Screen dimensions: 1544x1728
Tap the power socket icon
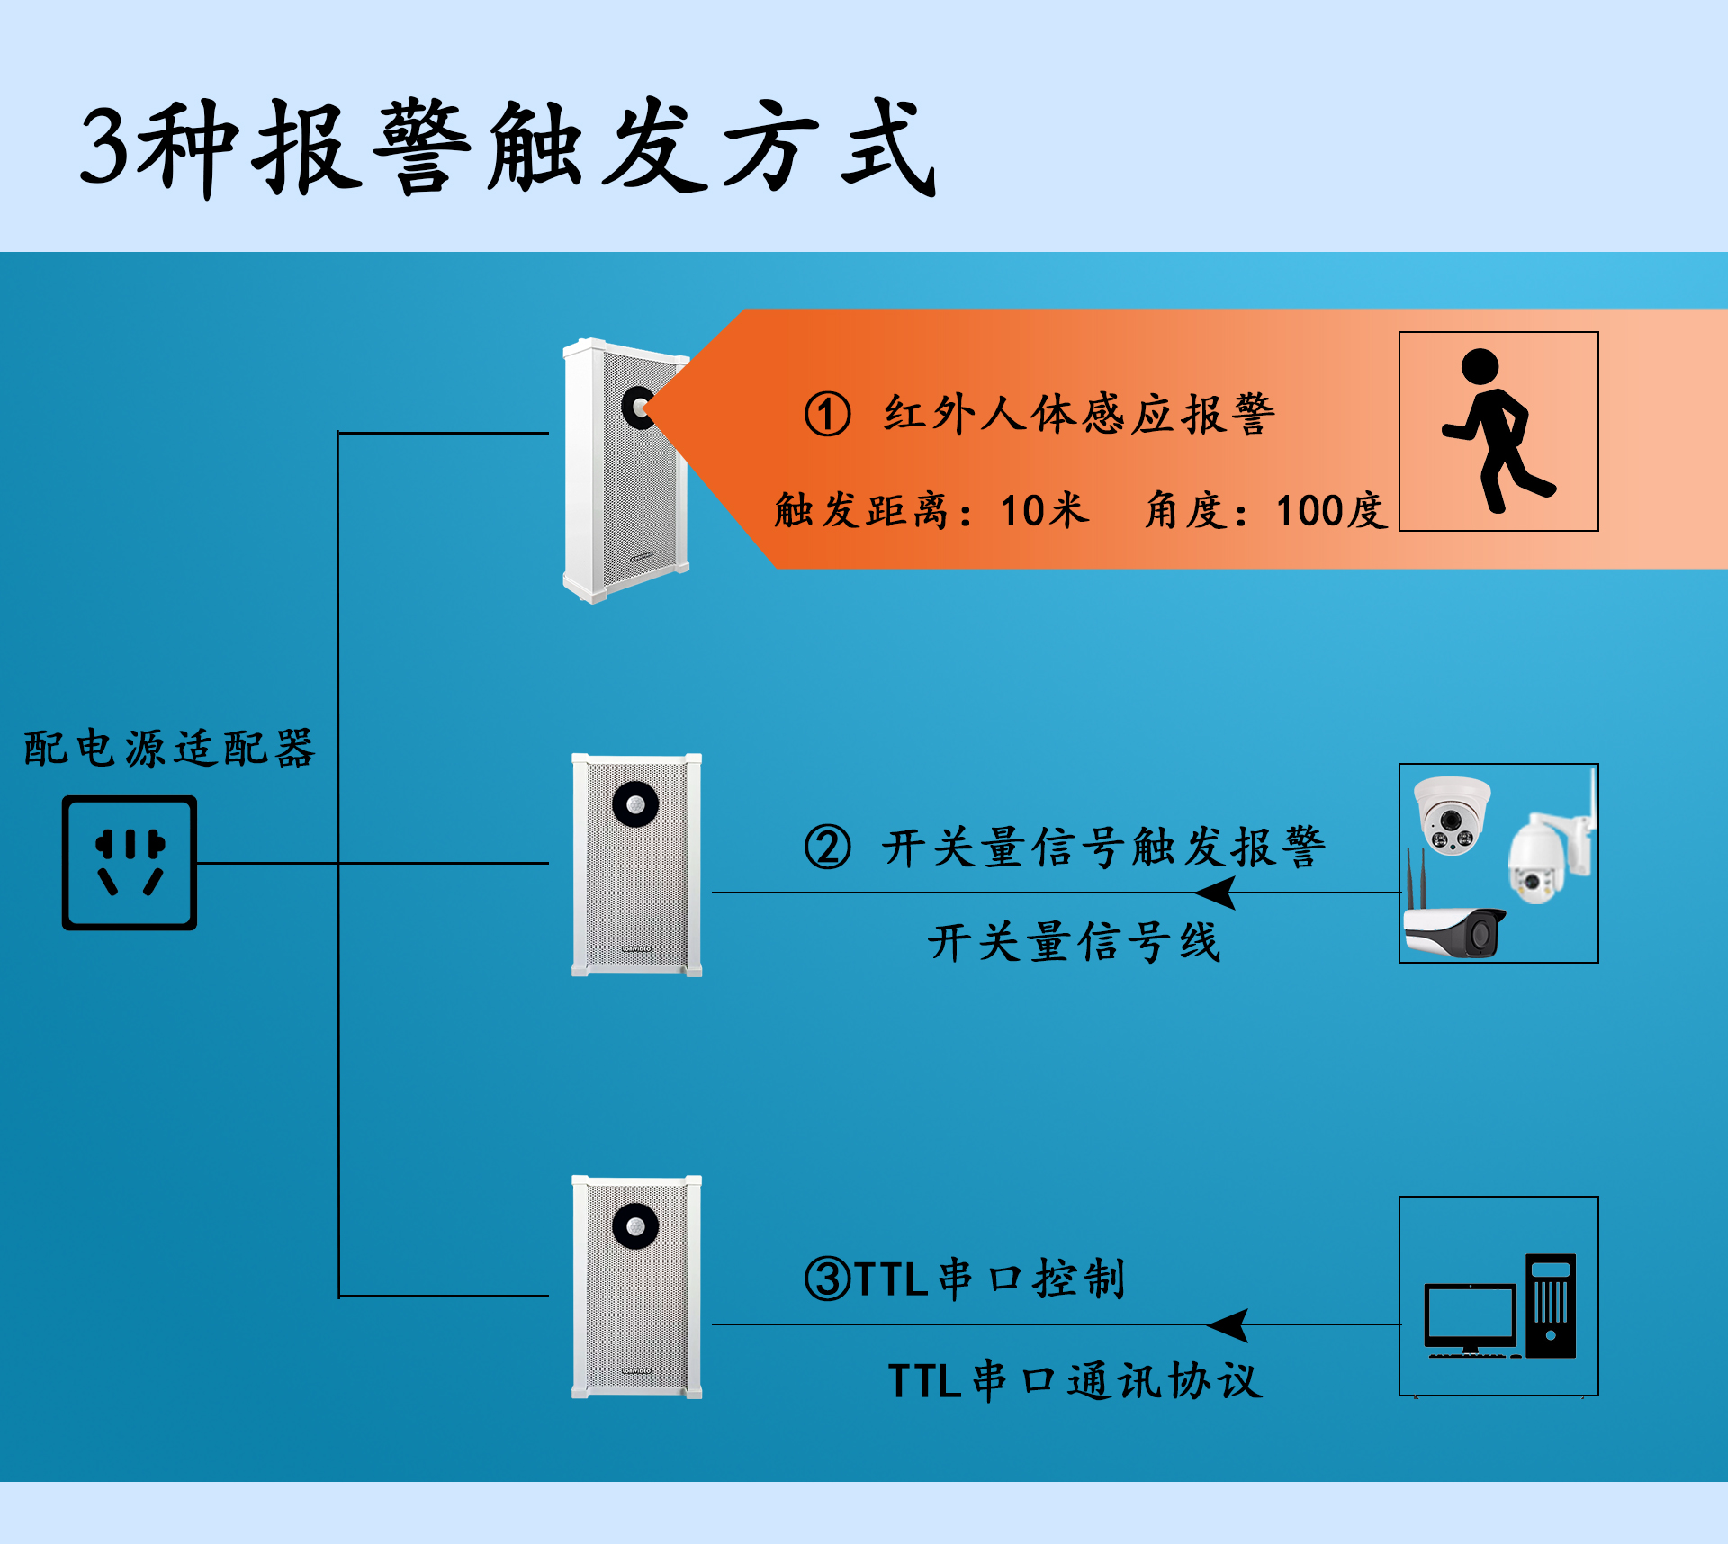tap(130, 862)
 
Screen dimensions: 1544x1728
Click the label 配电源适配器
tap(169, 749)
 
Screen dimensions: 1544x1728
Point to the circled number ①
tap(827, 415)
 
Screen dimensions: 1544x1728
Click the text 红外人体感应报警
tap(1078, 415)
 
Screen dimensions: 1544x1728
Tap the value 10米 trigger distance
tap(1044, 511)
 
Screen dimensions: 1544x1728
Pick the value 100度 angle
tap(1330, 511)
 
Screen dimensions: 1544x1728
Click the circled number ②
tap(827, 848)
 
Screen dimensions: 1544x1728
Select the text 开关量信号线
tap(1075, 943)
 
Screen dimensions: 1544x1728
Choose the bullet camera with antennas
tap(1454, 927)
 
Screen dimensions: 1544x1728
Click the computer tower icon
tap(1550, 1305)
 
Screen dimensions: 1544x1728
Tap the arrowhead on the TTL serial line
tap(1228, 1325)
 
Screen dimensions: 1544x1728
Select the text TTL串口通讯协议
tap(1075, 1381)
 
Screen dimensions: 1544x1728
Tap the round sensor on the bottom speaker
tap(635, 1226)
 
